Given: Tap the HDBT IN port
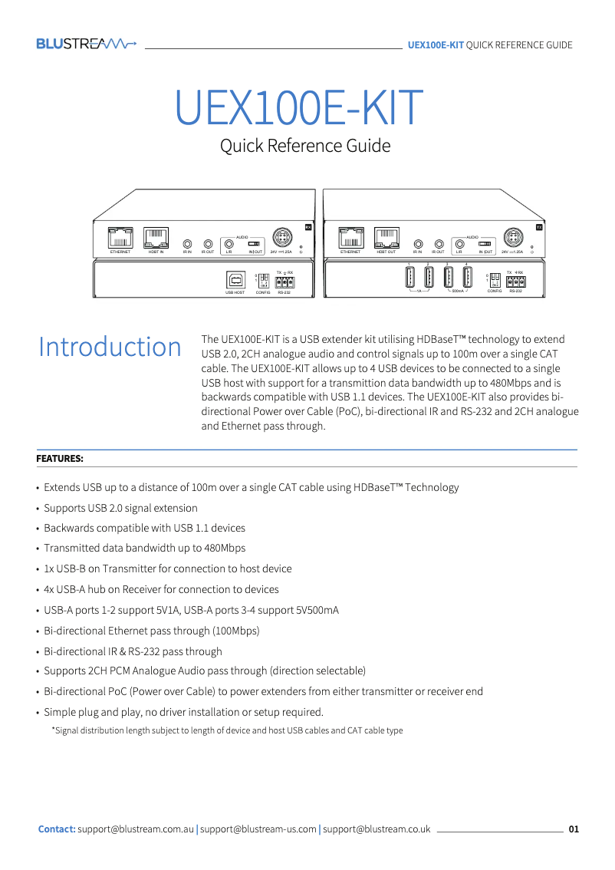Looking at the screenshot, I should point(156,237).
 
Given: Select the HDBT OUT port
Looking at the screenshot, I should point(386,237).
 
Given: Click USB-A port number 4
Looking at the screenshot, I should point(466,277).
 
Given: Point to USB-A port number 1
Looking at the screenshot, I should point(409,277).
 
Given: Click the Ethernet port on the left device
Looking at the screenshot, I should point(120,237).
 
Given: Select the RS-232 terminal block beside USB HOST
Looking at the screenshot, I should point(284,282).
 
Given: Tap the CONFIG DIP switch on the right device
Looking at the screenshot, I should point(494,279).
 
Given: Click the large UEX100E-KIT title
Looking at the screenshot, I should point(299,108).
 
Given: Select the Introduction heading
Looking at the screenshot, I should point(110,347).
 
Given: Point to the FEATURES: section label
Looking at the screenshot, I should point(60,459).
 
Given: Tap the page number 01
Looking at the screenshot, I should point(574,829).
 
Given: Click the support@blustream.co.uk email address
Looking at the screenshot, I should point(377,829).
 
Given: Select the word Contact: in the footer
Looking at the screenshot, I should point(57,829).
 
